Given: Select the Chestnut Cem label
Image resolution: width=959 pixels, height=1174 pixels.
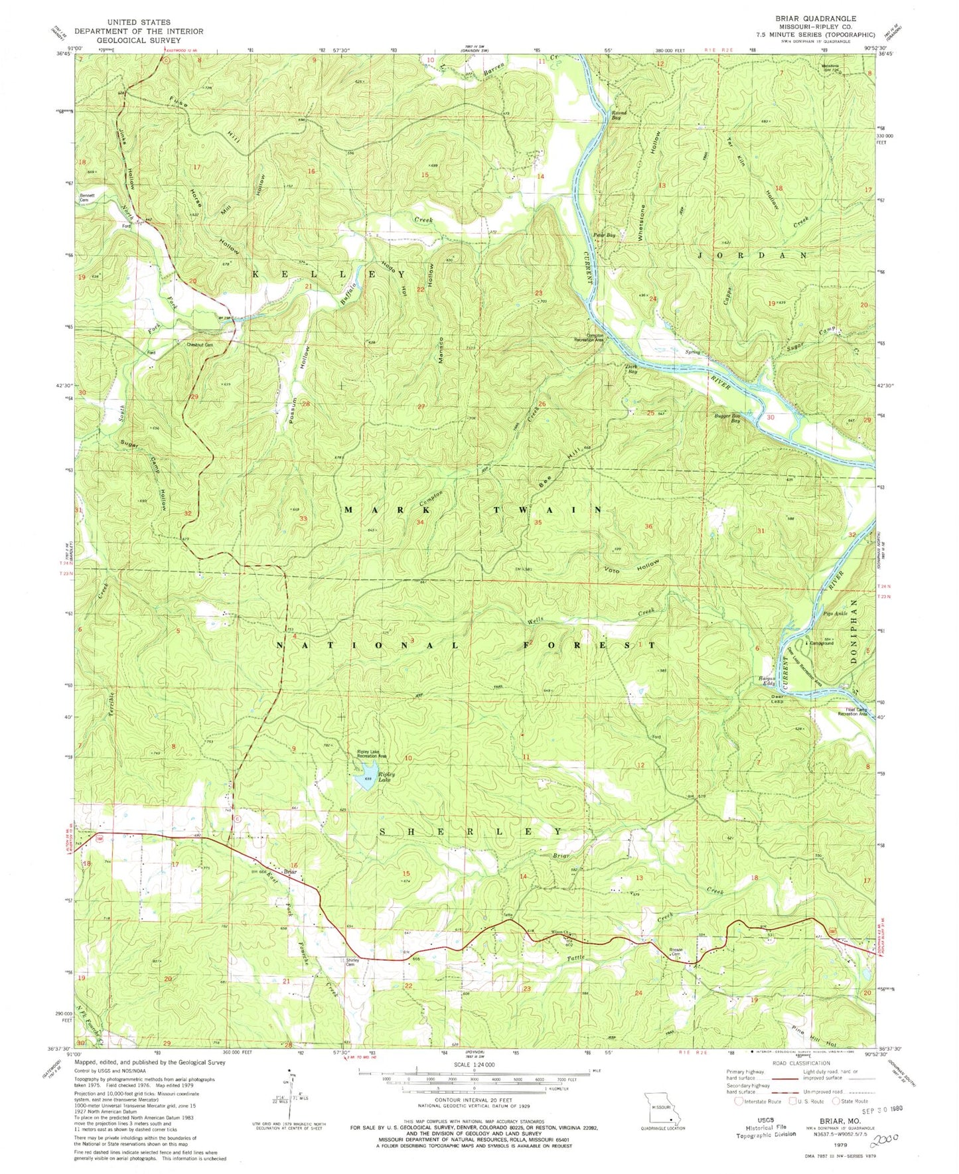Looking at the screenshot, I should pyautogui.click(x=199, y=344).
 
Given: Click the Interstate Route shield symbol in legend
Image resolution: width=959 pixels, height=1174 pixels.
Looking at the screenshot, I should pyautogui.click(x=739, y=1101).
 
